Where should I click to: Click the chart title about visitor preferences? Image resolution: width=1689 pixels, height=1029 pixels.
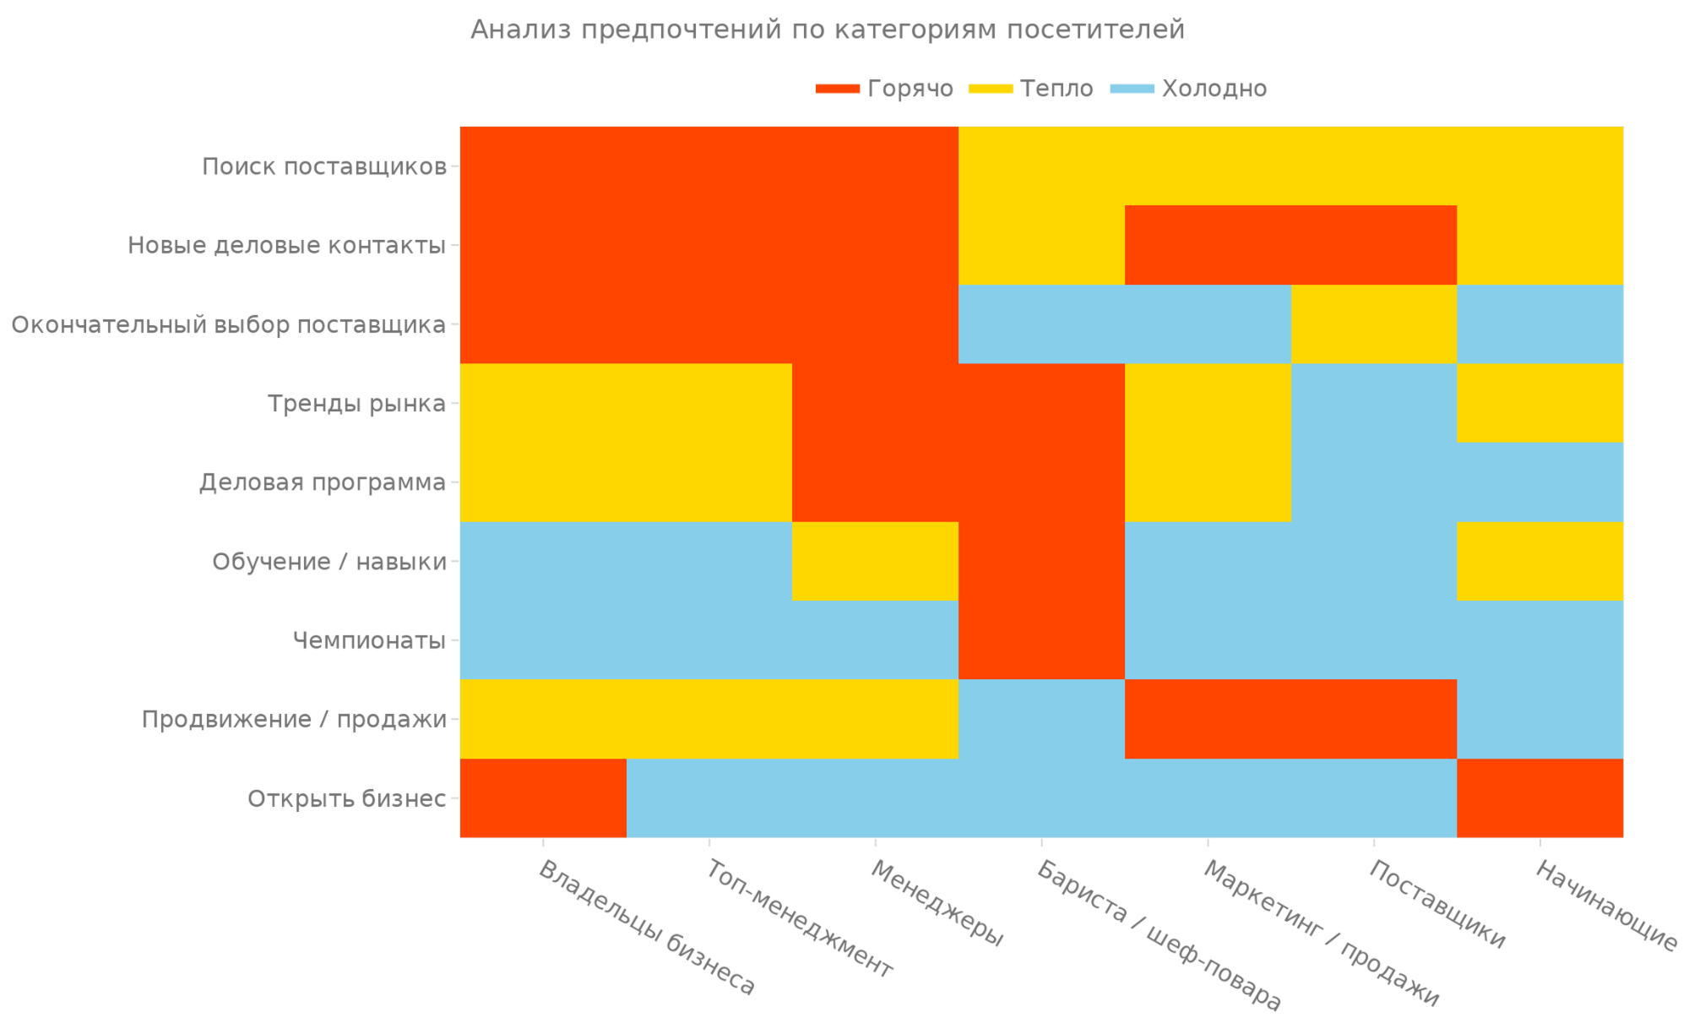coord(827,30)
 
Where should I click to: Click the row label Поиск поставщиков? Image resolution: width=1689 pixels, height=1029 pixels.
coord(324,166)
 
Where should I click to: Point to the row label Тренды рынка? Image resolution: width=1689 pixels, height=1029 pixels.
coord(356,404)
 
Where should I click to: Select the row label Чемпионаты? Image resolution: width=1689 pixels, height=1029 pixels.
coord(368,640)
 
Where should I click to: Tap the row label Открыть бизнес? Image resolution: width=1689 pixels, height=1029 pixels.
coord(346,798)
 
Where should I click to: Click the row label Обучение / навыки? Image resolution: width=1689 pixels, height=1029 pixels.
coord(329,562)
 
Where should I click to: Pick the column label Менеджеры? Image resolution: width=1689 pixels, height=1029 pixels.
coord(937,903)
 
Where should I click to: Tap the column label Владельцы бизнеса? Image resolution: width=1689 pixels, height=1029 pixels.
coord(647,928)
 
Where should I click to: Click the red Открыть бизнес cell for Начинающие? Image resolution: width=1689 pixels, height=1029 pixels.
coord(1540,798)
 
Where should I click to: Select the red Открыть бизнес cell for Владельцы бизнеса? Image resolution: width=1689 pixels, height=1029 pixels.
coord(543,798)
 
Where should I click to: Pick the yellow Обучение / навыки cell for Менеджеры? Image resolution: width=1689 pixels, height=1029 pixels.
coord(875,561)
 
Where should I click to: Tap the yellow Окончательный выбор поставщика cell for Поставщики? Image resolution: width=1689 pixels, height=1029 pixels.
coord(1374,324)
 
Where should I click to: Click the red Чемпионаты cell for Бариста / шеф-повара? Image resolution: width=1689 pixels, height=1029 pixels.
coord(1041,640)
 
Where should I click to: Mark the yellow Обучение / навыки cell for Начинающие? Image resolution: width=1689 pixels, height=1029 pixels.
coord(1540,561)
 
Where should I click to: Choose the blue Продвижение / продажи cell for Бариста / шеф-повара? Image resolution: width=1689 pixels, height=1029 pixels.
coord(1041,719)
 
